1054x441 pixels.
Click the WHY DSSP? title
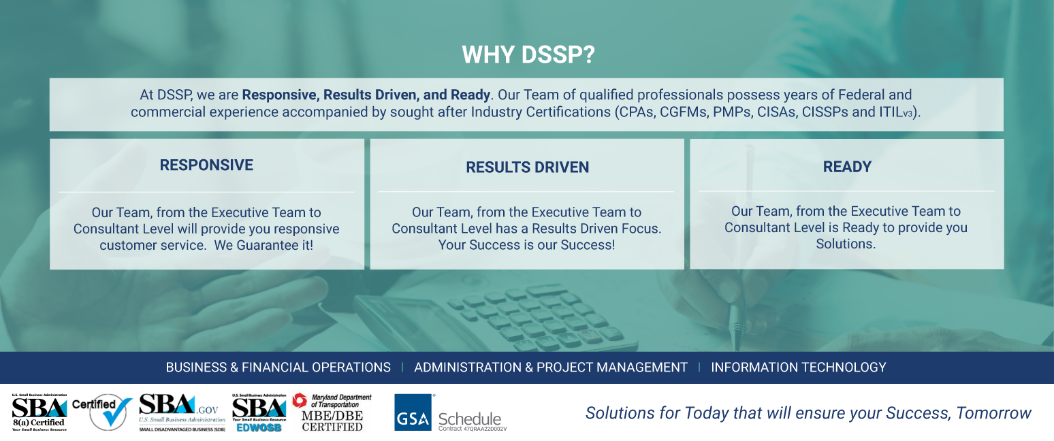528,55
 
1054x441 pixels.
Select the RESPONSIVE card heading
206,165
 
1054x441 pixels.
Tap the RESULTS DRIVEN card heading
527,167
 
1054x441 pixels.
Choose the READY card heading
847,167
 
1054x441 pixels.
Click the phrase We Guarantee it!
264,245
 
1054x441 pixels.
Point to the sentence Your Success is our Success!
526,245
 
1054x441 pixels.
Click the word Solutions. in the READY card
846,244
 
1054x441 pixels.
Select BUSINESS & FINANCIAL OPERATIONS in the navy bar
278,367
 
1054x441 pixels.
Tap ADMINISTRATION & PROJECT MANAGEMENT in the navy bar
551,367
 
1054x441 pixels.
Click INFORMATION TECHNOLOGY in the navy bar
799,367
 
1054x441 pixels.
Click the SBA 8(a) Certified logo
39,412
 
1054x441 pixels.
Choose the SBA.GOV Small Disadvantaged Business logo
181,412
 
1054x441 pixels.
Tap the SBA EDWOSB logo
259,412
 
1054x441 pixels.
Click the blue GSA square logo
413,412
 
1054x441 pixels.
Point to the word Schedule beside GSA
470,419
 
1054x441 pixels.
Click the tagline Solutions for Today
808,413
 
